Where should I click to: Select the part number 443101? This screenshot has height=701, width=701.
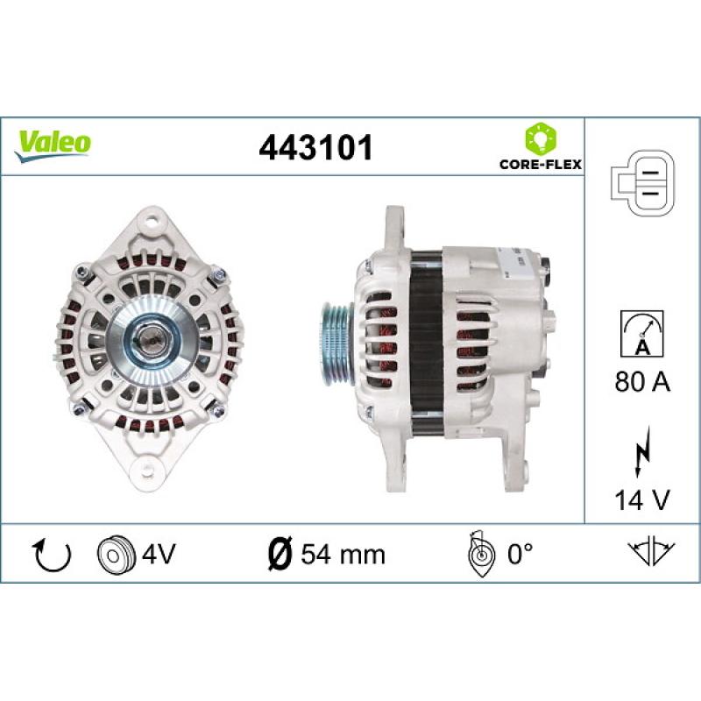[315, 148]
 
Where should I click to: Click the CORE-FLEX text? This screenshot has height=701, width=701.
[541, 164]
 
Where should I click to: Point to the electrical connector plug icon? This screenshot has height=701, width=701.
[642, 183]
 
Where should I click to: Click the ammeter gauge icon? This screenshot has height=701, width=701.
[642, 334]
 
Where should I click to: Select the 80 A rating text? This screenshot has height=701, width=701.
[642, 382]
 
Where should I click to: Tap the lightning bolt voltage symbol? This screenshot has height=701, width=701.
[642, 452]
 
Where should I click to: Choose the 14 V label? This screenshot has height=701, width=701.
[642, 499]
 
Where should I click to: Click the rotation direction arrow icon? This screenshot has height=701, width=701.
[53, 555]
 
